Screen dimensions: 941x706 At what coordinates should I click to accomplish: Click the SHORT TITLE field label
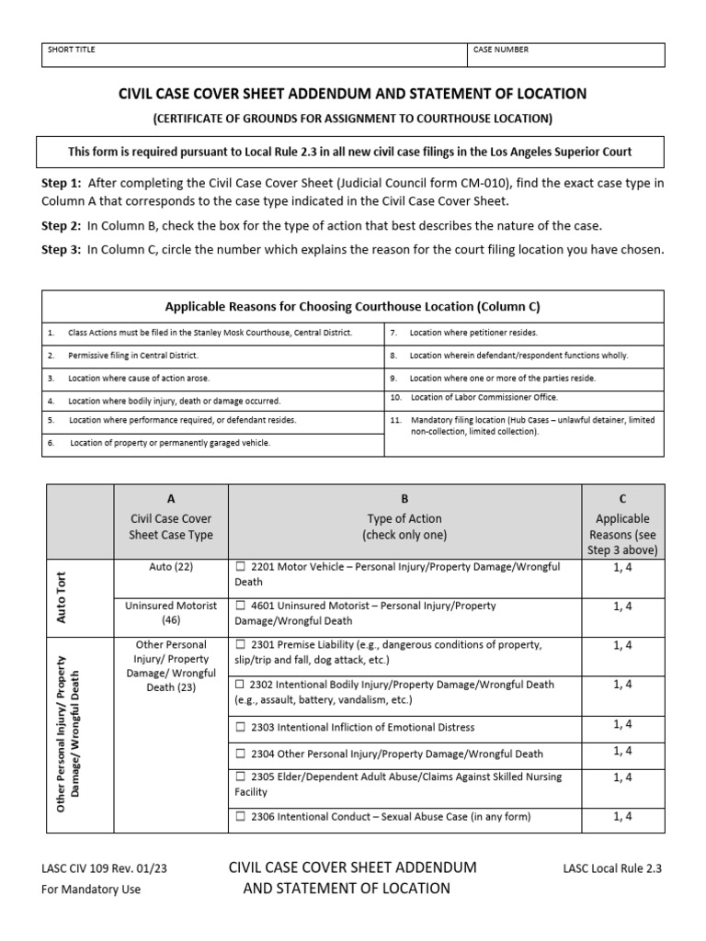[x=71, y=50]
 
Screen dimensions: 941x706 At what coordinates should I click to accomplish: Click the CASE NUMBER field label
[x=501, y=50]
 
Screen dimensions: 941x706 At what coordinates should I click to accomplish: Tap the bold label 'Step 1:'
[x=62, y=183]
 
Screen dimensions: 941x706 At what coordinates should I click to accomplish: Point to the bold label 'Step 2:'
[x=62, y=226]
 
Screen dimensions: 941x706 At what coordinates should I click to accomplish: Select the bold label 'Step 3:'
[x=62, y=250]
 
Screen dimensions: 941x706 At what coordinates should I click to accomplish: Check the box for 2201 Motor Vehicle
[x=241, y=567]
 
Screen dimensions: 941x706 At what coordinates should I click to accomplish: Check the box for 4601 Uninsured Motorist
[x=241, y=607]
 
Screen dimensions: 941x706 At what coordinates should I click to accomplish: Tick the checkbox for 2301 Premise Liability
[x=241, y=645]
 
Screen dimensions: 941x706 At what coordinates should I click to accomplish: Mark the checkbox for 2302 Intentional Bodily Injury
[x=241, y=685]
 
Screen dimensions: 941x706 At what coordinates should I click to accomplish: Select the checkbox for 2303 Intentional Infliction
[x=241, y=728]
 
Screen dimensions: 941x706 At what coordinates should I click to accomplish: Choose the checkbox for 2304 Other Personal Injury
[x=241, y=754]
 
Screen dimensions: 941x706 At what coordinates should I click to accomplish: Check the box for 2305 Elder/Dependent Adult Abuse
[x=241, y=777]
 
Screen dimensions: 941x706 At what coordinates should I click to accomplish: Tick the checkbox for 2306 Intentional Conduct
[x=241, y=817]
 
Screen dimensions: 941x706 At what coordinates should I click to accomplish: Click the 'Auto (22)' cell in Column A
[x=170, y=567]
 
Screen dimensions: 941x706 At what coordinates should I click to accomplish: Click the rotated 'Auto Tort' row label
[x=62, y=597]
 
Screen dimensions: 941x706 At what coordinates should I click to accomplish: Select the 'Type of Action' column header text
[x=404, y=519]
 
